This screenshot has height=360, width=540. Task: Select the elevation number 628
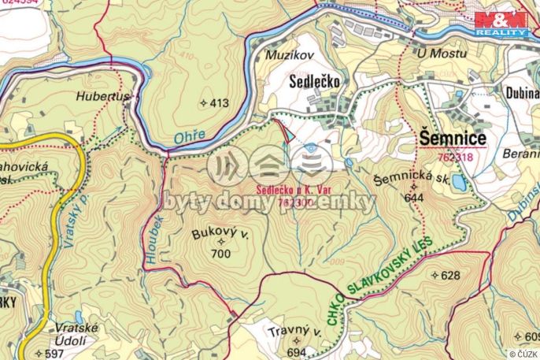(x=449, y=275)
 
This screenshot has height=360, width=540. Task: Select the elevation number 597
(x=54, y=354)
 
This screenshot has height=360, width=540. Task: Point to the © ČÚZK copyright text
(x=521, y=354)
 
